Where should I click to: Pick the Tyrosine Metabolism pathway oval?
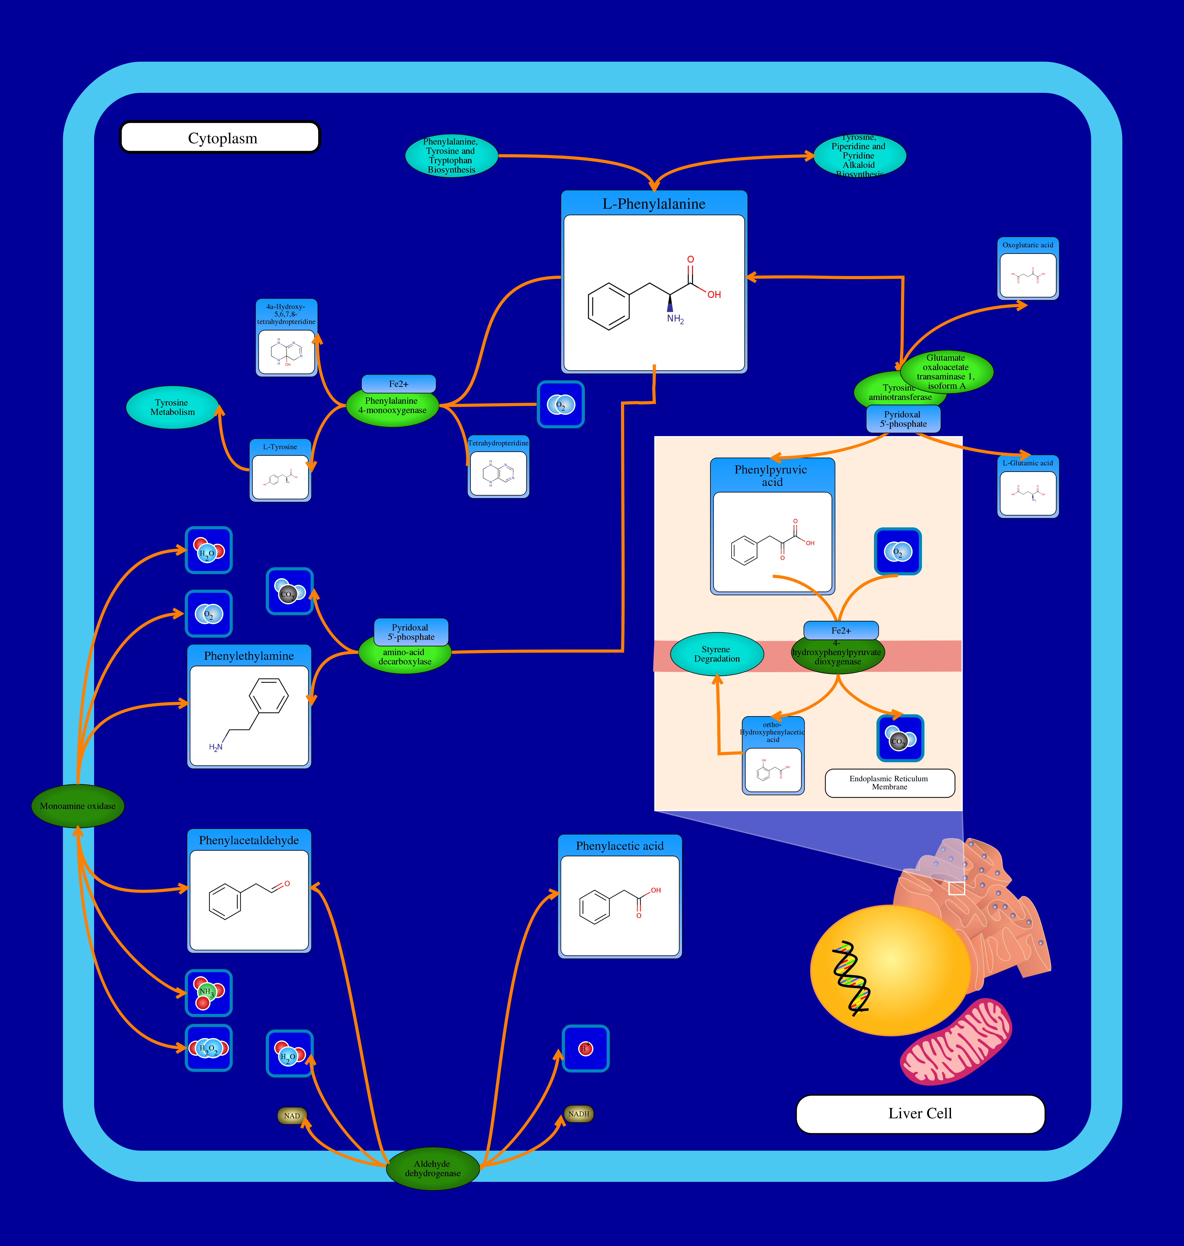(172, 407)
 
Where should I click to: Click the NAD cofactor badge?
(292, 1115)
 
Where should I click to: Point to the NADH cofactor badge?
(578, 1114)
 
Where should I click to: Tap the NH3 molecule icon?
(208, 992)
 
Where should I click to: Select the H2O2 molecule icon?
(208, 1048)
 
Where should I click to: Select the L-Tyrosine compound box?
(280, 471)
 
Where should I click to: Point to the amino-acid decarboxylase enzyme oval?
(404, 657)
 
